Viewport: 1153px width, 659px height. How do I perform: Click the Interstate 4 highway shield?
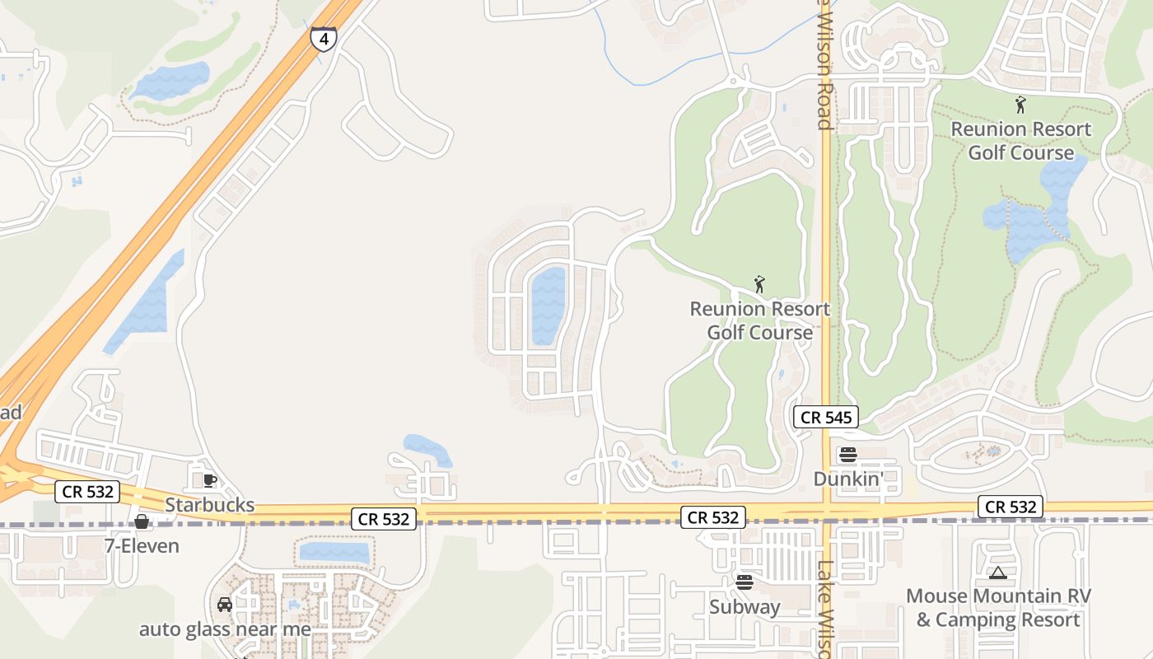[324, 39]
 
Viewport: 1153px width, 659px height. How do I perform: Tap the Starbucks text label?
[209, 504]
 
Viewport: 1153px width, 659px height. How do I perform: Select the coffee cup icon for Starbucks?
[210, 480]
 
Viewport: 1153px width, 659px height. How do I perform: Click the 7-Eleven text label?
[142, 545]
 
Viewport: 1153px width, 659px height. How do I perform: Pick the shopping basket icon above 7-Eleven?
[142, 521]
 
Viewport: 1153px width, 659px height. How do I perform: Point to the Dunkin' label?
[847, 479]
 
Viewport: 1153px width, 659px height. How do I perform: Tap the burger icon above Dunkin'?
[847, 455]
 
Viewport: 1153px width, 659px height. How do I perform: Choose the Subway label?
[745, 607]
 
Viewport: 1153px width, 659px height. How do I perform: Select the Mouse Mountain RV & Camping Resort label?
[998, 607]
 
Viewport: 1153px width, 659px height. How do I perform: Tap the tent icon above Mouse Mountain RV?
[998, 573]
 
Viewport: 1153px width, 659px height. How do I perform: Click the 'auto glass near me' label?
[225, 629]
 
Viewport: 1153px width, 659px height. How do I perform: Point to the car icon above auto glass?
[225, 605]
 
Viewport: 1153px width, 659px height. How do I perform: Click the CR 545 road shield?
[826, 418]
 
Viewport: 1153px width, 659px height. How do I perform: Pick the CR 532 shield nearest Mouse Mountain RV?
[1011, 507]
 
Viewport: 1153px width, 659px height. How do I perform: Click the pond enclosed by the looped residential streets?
[548, 306]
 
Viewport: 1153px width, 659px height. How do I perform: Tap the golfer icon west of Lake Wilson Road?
[759, 285]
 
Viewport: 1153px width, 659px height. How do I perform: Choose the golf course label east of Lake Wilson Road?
[1020, 141]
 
